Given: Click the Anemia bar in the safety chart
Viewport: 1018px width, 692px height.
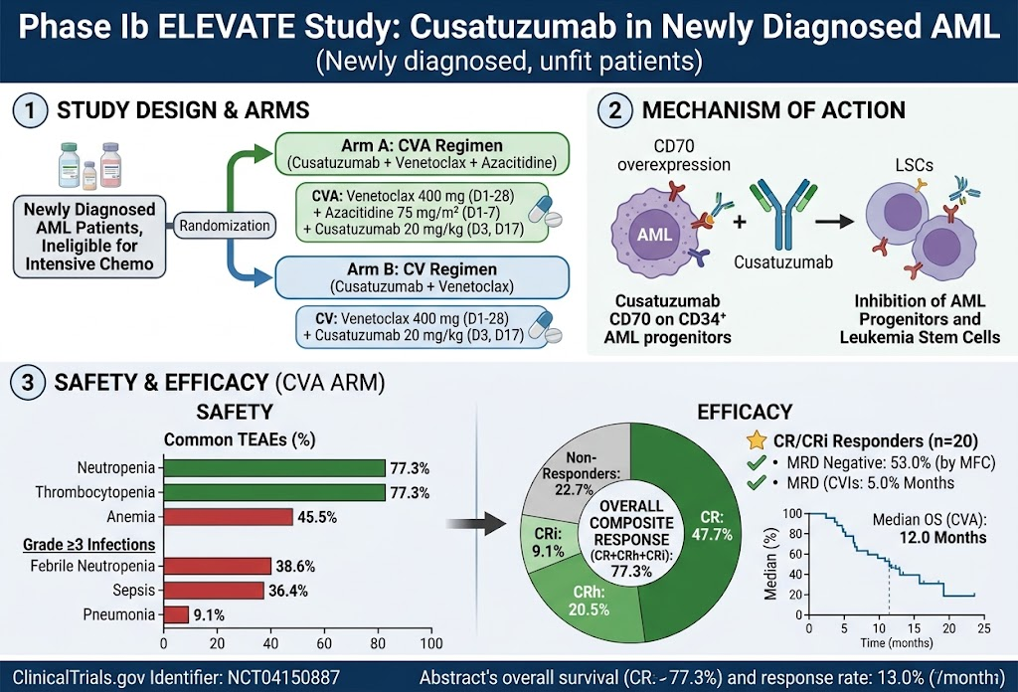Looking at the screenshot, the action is point(229,517).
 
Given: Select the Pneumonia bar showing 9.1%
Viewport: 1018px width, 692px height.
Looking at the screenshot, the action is point(176,614).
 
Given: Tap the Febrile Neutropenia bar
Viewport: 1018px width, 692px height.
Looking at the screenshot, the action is point(218,566).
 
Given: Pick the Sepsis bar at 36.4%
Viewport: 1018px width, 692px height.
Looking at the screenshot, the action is point(215,590).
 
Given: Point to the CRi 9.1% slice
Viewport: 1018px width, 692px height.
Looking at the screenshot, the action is point(547,541).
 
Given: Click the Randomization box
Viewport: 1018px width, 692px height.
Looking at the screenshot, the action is point(225,226).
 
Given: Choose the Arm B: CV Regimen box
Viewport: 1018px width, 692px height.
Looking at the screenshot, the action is point(422,277).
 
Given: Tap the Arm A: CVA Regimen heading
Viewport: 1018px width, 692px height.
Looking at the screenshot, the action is point(422,145).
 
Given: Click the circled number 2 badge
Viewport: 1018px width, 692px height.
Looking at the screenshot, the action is point(614,109).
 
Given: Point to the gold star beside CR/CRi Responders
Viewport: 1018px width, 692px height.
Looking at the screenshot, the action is point(757,440).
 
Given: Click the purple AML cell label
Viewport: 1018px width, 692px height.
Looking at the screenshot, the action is point(654,235).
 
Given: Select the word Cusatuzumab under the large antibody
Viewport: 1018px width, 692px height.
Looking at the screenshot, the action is point(783,262).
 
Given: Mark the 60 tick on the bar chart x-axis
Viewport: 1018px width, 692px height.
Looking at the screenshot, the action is point(324,643).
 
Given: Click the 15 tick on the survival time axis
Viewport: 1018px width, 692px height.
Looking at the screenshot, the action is point(915,628).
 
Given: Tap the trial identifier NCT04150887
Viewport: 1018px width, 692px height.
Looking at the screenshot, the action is point(283,678).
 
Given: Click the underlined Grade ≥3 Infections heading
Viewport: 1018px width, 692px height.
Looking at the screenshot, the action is point(88,544).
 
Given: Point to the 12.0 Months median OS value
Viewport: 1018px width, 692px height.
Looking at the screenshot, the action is point(942,538).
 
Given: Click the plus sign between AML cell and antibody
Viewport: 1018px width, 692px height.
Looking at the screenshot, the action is point(740,222).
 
